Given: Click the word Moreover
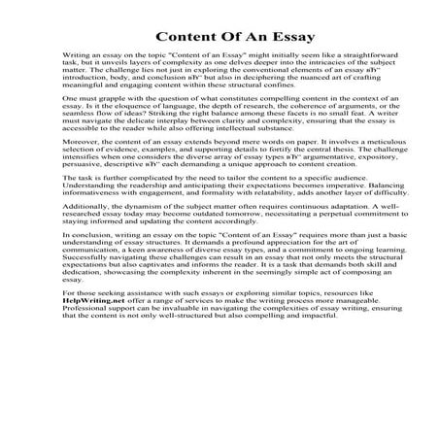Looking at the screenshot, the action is click(x=80, y=184).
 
